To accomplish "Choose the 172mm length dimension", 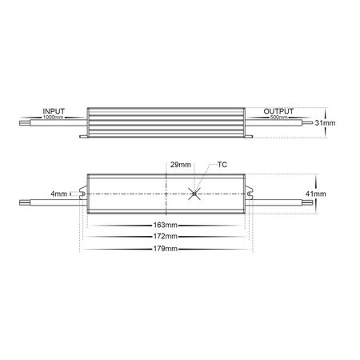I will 166,238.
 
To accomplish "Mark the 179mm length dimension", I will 166,249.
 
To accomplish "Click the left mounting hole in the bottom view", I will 82,193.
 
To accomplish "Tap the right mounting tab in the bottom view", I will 251,193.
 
